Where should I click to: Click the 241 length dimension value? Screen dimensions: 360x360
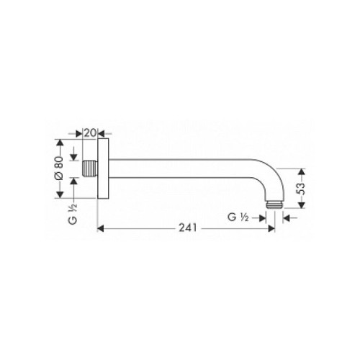click(188, 228)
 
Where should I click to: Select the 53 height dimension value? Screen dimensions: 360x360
click(301, 189)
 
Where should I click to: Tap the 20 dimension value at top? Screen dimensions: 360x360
click(90, 132)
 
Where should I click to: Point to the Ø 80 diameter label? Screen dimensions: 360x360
click(59, 168)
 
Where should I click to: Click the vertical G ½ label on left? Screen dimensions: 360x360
click(73, 215)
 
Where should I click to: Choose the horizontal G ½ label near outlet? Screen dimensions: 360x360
click(238, 217)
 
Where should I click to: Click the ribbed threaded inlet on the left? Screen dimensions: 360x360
click(90, 168)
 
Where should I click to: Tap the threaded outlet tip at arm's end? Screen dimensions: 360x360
click(274, 205)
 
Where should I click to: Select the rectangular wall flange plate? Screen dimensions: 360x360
click(103, 168)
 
